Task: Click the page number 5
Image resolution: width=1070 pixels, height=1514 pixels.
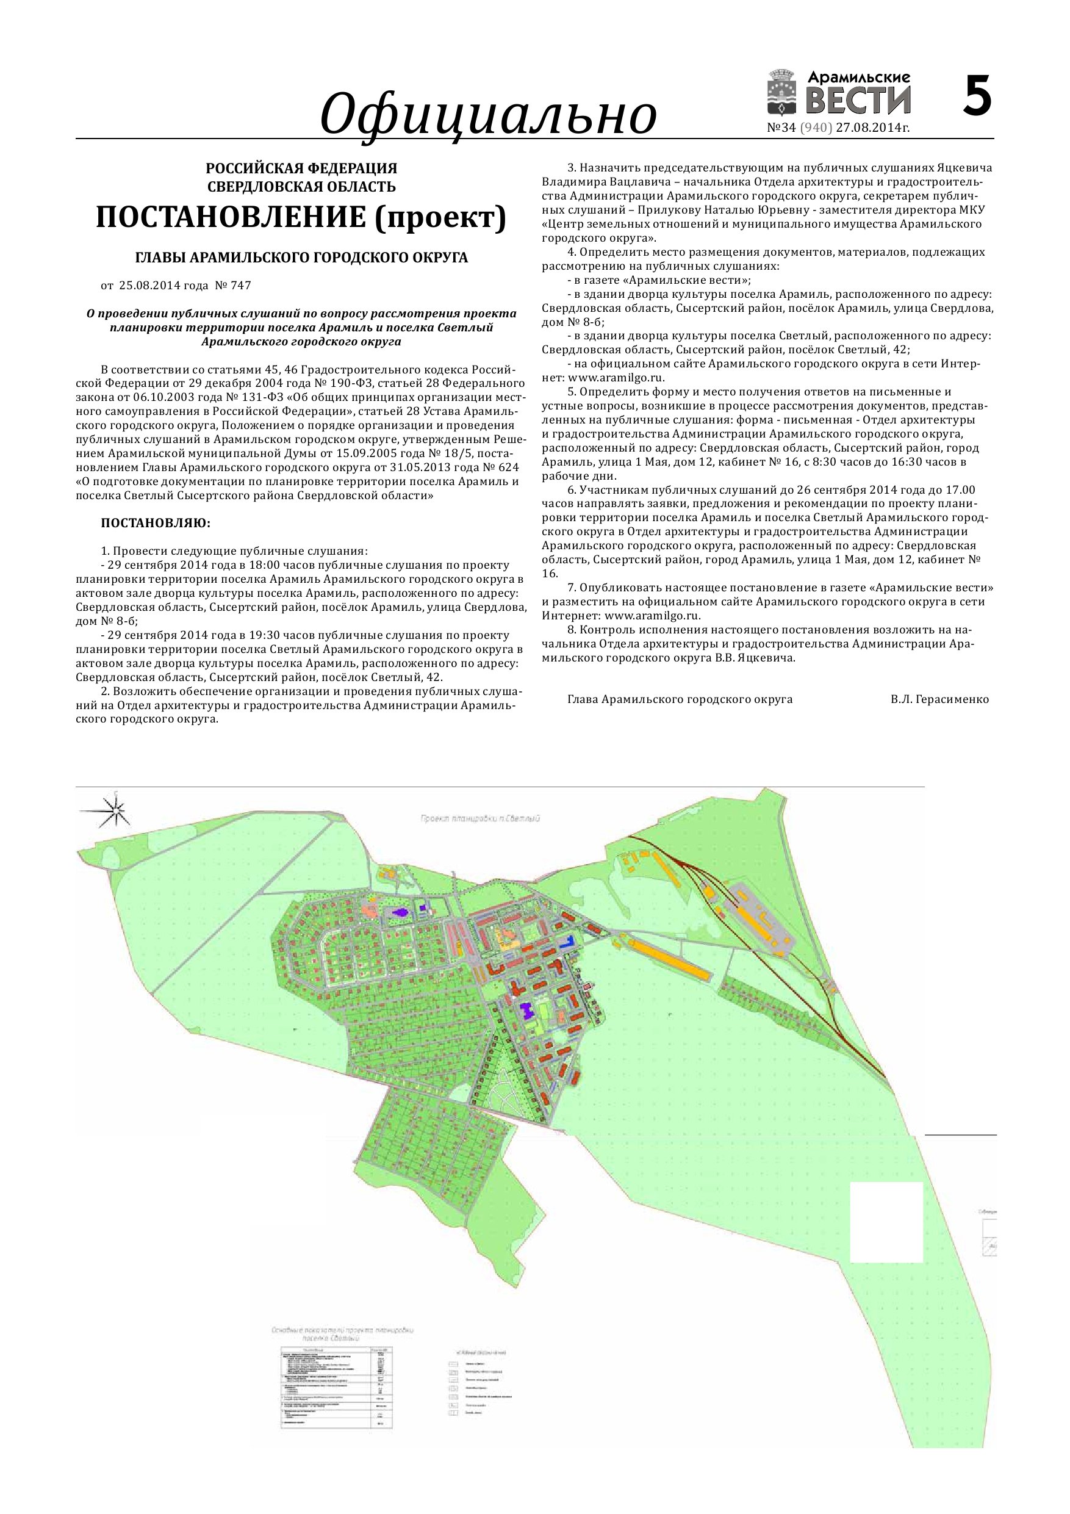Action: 977,97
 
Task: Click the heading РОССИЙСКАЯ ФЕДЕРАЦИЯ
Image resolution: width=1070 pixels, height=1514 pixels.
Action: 301,169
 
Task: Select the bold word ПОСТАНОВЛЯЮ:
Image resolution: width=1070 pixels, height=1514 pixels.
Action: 156,523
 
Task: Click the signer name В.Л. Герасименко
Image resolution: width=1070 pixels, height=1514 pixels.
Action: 939,699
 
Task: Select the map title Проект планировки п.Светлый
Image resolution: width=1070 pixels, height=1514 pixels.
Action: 480,818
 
